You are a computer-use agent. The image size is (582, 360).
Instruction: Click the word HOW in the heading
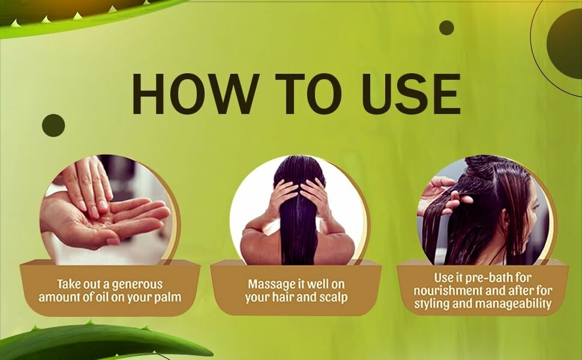(x=195, y=94)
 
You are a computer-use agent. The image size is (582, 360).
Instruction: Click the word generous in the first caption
(x=137, y=284)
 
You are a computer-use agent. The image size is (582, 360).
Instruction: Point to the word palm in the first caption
(x=166, y=297)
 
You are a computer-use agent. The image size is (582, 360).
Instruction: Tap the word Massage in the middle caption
(x=271, y=285)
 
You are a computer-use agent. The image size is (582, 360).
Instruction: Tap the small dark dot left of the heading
(x=53, y=125)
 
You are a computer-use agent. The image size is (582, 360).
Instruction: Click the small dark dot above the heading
(x=446, y=28)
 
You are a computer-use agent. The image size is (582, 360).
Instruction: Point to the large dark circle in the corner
(x=565, y=43)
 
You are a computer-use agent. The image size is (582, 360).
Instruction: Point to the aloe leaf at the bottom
(x=100, y=342)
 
